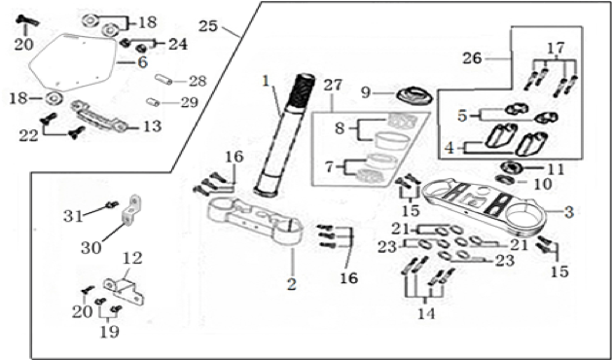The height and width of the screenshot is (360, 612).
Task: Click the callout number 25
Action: click(207, 26)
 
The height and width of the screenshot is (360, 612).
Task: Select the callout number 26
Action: click(473, 58)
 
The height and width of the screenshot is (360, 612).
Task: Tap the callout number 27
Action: click(333, 85)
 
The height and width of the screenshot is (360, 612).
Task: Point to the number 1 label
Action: click(266, 82)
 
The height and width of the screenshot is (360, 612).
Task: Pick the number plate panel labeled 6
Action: click(73, 61)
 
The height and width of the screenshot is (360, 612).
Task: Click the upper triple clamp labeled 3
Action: click(486, 206)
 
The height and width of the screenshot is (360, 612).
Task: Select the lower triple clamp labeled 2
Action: click(256, 221)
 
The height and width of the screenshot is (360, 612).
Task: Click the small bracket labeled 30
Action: click(130, 211)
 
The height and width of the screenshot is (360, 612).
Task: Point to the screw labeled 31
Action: click(111, 204)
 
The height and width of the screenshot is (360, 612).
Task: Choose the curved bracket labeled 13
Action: click(98, 116)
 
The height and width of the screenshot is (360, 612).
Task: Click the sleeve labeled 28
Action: click(163, 79)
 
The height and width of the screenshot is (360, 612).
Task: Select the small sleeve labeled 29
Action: click(153, 102)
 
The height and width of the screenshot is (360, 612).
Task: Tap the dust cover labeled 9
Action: click(414, 96)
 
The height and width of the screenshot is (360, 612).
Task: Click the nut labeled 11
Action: click(511, 168)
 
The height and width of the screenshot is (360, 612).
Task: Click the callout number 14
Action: click(426, 313)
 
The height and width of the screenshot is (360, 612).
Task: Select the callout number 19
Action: click(110, 332)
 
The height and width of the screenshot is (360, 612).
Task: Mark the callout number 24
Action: click(178, 44)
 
